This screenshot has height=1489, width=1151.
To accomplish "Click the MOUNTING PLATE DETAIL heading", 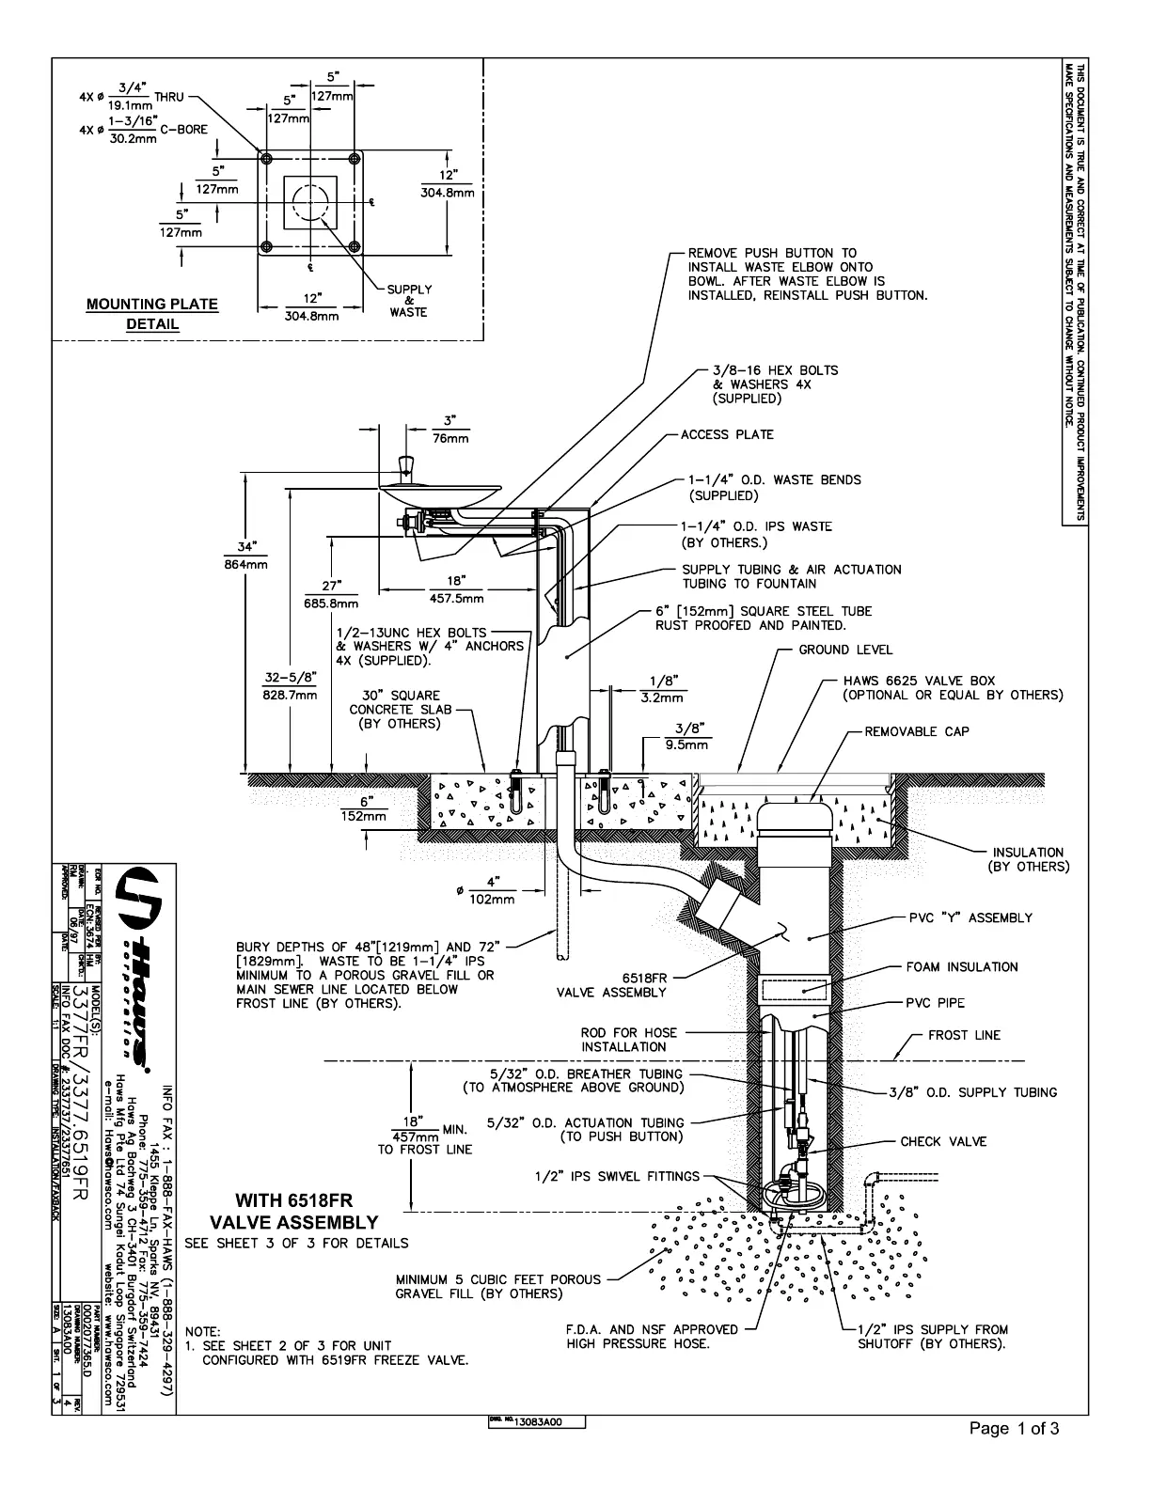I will pos(151,314).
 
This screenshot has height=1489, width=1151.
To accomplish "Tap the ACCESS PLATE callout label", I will pos(727,434).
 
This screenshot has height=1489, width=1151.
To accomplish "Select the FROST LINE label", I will pos(964,1035).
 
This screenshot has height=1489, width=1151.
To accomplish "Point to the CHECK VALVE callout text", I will pos(943,1141).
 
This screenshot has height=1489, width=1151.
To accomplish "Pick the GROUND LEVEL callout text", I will pos(845,650).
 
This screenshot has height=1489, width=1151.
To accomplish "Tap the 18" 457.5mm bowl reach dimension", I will pos(457,589).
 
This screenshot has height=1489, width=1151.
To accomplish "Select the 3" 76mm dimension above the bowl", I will pos(450,430).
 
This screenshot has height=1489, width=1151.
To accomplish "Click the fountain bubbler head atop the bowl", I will pos(407,466).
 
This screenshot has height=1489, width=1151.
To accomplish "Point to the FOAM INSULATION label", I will pos(961,967).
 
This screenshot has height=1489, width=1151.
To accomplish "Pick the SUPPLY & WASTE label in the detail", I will pos(409,301).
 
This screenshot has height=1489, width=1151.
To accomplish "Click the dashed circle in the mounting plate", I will pos(310,202).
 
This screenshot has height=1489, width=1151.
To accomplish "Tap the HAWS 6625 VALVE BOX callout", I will pos(952,687).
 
